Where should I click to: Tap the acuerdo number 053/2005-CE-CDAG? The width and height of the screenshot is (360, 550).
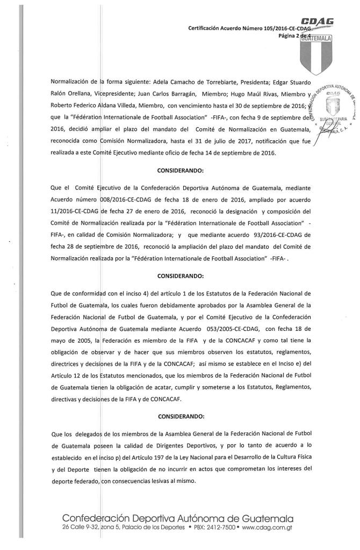[234, 328]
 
